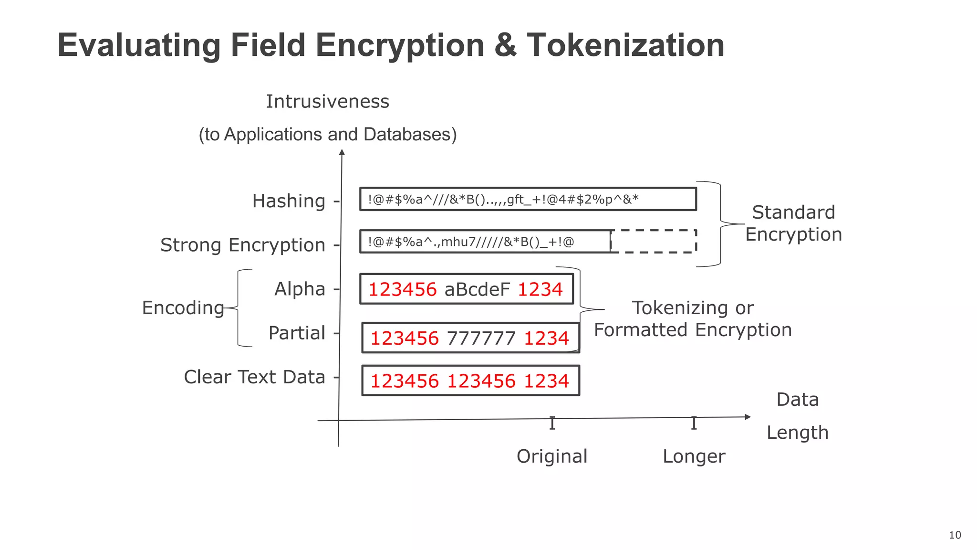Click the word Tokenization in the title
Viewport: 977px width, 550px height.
625,45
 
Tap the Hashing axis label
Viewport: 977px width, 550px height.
289,201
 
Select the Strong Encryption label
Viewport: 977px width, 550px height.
242,245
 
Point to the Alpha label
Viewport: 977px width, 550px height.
300,289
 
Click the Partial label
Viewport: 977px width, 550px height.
297,333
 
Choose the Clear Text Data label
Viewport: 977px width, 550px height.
254,377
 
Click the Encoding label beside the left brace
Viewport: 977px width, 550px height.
183,307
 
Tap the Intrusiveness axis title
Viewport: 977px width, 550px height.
327,101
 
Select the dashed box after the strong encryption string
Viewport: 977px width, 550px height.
654,241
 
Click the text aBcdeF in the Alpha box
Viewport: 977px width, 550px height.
477,289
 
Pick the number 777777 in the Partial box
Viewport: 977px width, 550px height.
481,338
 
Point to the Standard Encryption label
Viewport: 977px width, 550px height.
793,223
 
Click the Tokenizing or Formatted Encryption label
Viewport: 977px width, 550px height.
693,318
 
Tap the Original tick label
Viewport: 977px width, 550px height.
552,456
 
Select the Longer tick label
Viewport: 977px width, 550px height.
694,456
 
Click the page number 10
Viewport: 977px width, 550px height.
955,535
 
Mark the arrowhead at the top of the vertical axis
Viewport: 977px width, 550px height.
342,152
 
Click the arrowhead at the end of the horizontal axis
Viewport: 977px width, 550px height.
748,417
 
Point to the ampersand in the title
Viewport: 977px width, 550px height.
505,45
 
